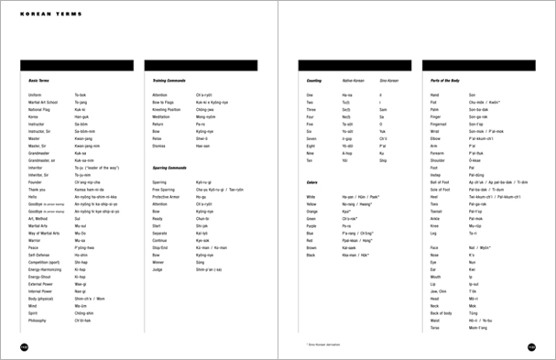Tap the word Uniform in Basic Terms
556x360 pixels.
point(36,95)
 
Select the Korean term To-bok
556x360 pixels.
point(80,95)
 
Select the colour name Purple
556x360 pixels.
point(312,227)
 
